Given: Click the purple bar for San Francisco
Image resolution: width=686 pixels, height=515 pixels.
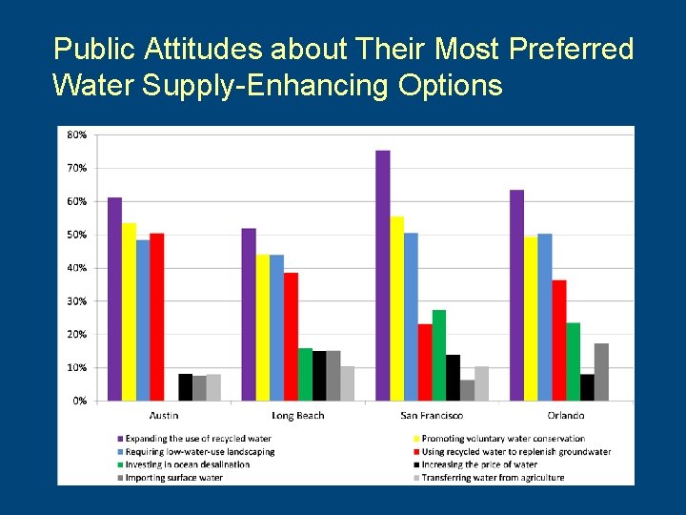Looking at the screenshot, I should [x=383, y=276].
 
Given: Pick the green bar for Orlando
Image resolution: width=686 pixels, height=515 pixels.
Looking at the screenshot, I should [x=574, y=361].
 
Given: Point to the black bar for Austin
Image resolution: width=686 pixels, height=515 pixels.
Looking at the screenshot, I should [x=185, y=387].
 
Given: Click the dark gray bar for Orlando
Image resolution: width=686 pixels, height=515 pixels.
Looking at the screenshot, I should [x=601, y=372].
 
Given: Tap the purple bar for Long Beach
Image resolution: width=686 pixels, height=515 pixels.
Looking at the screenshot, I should [x=249, y=315].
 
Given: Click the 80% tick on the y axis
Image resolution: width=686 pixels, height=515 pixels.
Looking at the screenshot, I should [x=76, y=134].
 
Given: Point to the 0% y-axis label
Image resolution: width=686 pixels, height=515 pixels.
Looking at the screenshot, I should [x=79, y=401].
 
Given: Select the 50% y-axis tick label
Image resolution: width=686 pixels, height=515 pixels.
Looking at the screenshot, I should [x=76, y=235].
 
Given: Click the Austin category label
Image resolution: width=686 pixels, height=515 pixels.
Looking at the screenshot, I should [x=164, y=416].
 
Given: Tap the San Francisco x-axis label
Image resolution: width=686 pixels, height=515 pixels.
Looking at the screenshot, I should [x=433, y=416].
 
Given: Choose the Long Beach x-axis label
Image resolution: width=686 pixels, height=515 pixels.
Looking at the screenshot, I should [x=298, y=416].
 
